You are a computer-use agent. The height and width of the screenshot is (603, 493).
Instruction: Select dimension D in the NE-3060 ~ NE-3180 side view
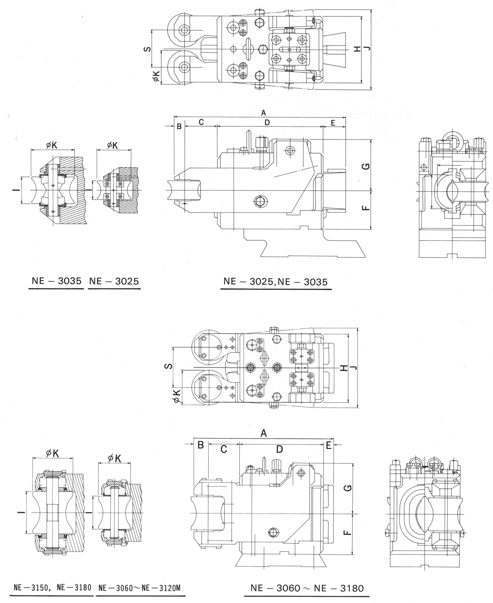(x=279, y=449)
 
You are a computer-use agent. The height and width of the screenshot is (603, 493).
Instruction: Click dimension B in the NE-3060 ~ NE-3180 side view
(x=200, y=445)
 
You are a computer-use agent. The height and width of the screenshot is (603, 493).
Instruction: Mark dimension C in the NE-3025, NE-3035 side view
(x=201, y=122)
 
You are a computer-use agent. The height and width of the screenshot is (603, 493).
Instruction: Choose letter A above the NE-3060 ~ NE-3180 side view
(x=264, y=434)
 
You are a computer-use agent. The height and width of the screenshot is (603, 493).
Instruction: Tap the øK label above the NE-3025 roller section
(x=112, y=145)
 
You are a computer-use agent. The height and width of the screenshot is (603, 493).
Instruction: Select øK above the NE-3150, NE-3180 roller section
(x=53, y=453)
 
